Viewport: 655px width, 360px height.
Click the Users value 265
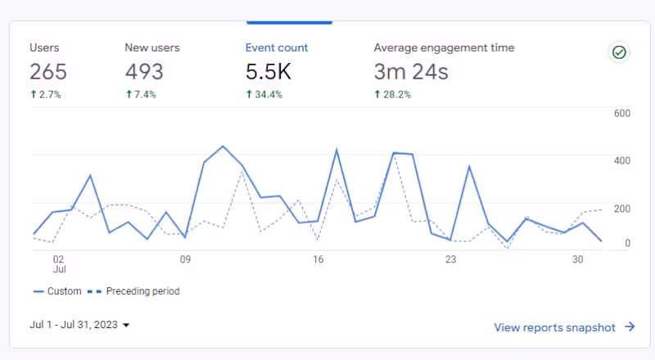48,72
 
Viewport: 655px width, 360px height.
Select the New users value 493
144,72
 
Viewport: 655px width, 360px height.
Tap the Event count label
277,47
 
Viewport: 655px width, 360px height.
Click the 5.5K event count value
269,72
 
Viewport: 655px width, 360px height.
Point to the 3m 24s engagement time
411,72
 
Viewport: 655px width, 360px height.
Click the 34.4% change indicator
264,95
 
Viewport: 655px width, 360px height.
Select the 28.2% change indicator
393,95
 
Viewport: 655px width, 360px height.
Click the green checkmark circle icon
620,52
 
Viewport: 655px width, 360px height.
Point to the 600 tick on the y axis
621,113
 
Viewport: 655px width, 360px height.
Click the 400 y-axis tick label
621,160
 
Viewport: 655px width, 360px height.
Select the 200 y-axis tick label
621,209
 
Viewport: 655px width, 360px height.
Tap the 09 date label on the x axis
185,259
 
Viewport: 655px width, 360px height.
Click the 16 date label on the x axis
318,259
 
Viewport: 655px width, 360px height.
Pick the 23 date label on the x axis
450,259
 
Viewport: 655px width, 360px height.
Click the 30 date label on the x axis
578,259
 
